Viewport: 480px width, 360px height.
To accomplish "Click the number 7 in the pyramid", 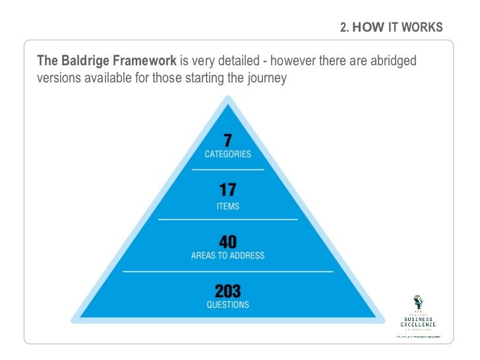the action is click(227, 140).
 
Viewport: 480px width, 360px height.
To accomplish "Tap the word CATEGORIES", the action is click(227, 154).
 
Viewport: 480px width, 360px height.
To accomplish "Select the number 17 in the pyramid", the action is click(227, 191).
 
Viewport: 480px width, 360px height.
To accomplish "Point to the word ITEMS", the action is click(227, 206).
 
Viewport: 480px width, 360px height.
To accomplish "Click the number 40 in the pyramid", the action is click(227, 241).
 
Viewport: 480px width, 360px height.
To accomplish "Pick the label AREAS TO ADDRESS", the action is click(227, 256).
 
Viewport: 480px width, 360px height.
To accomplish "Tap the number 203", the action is click(227, 290).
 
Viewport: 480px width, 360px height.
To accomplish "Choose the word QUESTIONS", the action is click(227, 305).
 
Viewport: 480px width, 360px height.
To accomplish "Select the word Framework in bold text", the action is click(144, 61).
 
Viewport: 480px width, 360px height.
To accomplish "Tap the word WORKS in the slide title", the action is click(423, 28).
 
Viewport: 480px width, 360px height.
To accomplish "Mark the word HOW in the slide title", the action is click(367, 28).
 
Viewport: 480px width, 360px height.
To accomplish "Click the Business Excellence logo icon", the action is click(417, 303).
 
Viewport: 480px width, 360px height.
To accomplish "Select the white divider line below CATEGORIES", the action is click(227, 169).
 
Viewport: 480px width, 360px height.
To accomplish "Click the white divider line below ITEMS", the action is click(227, 220).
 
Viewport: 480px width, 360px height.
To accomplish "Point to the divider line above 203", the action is click(227, 271).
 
